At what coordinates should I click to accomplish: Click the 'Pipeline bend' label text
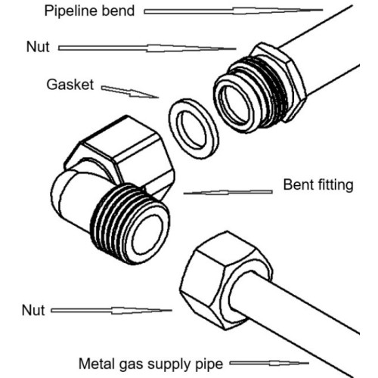click(89, 11)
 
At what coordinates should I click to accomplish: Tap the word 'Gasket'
click(70, 85)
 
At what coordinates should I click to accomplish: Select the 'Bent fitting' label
click(318, 184)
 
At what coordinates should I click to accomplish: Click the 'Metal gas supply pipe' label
click(151, 364)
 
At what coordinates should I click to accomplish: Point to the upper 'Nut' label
click(38, 47)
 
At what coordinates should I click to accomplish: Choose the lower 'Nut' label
click(33, 310)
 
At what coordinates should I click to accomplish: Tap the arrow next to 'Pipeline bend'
click(234, 11)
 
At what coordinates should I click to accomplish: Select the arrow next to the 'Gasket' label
click(130, 92)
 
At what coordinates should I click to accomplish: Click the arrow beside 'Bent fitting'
click(228, 193)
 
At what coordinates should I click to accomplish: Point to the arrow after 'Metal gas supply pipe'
click(269, 364)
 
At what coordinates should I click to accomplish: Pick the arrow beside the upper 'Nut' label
click(147, 48)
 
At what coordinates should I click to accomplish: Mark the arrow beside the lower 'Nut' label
click(111, 311)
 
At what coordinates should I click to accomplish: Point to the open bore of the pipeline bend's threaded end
click(237, 104)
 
